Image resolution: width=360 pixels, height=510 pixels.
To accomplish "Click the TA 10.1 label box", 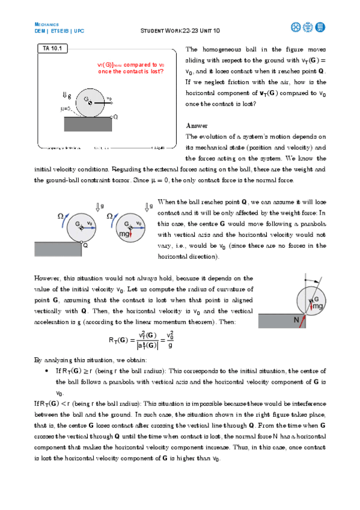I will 54,48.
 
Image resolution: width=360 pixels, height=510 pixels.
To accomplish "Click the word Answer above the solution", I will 197,126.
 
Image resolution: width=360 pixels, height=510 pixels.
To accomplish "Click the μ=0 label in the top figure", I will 67,109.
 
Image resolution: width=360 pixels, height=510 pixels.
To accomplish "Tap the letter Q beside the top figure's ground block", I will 115,117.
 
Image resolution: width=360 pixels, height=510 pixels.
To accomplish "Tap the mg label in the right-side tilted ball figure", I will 317,306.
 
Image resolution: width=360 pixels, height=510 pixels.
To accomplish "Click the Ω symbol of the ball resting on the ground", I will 61,216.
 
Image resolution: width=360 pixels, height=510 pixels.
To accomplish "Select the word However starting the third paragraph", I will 49,278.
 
